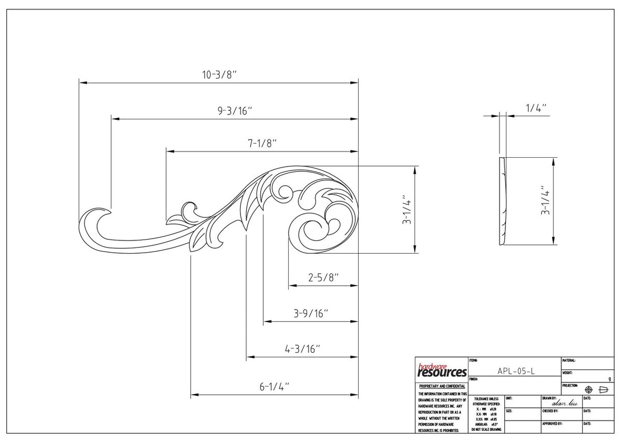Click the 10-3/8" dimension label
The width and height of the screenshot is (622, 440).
219,75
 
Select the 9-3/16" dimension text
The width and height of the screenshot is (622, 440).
234,111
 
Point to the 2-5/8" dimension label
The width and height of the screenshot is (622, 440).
323,278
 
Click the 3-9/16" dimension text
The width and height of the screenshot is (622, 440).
311,313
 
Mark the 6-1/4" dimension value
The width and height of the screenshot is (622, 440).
274,387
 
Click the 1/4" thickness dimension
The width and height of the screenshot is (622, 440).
536,108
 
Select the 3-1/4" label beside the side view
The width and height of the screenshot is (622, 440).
544,201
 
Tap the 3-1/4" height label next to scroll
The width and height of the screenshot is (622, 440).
407,210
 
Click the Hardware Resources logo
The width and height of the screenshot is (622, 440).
442,370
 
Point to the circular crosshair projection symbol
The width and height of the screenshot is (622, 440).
588,390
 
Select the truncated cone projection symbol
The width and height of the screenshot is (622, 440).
602,390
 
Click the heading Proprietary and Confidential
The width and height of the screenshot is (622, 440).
442,387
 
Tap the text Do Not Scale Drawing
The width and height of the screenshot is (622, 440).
486,430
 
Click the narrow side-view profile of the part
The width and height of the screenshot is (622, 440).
502,201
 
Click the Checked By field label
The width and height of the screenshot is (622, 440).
550,410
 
